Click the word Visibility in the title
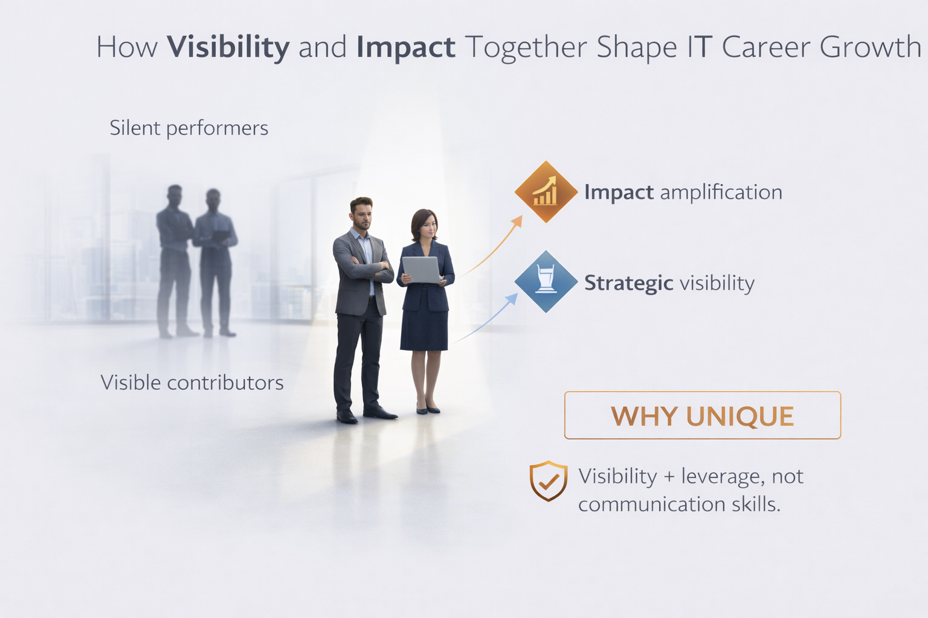(x=228, y=48)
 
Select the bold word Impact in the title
(x=405, y=48)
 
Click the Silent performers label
(x=188, y=128)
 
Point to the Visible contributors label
(x=192, y=383)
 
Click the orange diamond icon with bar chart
(x=546, y=192)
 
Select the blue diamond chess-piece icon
(x=546, y=281)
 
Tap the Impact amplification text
(x=683, y=192)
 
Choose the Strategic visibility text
(x=669, y=282)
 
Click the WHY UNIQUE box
(x=702, y=415)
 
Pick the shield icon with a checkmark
(x=548, y=480)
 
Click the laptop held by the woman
(x=420, y=269)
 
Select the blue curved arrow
(x=486, y=318)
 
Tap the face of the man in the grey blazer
(x=362, y=215)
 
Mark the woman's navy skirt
(x=424, y=329)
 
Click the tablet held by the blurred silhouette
(x=221, y=236)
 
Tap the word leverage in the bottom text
(x=717, y=477)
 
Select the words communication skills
(x=679, y=504)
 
